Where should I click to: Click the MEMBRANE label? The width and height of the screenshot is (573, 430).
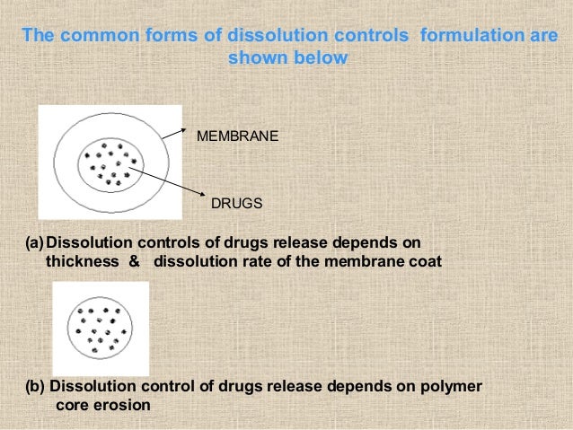pos(237,137)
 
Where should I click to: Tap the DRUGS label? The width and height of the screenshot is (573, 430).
pos(236,204)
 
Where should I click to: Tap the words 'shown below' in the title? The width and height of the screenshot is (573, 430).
pos(286,59)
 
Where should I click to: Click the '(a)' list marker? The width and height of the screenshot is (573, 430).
pos(34,243)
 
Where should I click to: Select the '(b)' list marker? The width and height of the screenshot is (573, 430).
pos(35,386)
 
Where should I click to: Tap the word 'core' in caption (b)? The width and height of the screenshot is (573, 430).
pos(72,405)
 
